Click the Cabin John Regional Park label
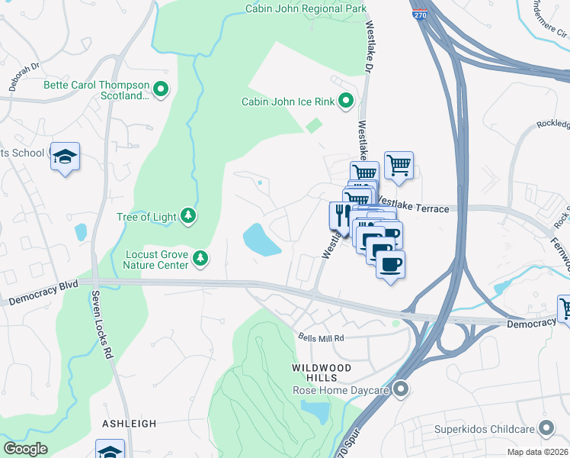pyautogui.click(x=306, y=9)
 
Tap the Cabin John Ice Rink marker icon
pyautogui.click(x=345, y=101)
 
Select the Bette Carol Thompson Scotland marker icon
pyautogui.click(x=161, y=90)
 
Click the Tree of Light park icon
pyautogui.click(x=188, y=217)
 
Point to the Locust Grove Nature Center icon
pyautogui.click(x=200, y=259)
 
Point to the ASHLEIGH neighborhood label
pyautogui.click(x=130, y=423)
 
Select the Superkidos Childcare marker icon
pyautogui.click(x=545, y=427)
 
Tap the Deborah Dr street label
pyautogui.click(x=24, y=77)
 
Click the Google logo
pyautogui.click(x=25, y=448)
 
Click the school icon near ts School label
pyautogui.click(x=65, y=156)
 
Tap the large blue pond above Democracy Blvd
pyautogui.click(x=261, y=240)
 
